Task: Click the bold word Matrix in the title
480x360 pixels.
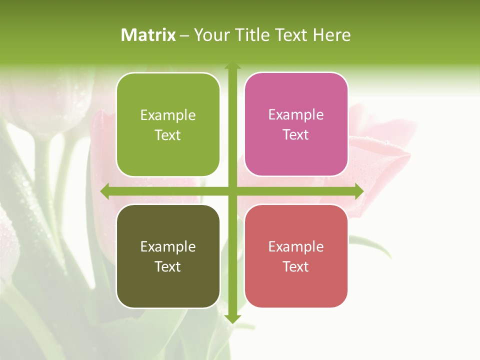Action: coord(148,35)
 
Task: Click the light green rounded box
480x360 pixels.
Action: coord(168,124)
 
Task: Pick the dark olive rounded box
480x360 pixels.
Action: coord(168,256)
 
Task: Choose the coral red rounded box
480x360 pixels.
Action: coord(296,256)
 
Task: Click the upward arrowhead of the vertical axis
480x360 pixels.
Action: coord(232,65)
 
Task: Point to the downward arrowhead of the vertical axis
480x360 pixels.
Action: coord(232,318)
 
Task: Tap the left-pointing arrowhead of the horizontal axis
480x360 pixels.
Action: coord(104,191)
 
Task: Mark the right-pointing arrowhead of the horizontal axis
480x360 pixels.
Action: coord(359,191)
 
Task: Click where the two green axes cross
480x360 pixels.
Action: coord(232,191)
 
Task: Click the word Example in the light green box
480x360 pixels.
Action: coord(168,115)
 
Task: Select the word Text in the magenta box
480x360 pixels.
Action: coord(296,135)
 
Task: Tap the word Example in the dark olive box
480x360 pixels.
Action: coord(168,247)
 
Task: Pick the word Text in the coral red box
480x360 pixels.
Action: coord(296,267)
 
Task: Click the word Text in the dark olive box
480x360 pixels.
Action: coord(168,267)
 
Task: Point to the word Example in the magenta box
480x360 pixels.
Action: coord(296,115)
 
